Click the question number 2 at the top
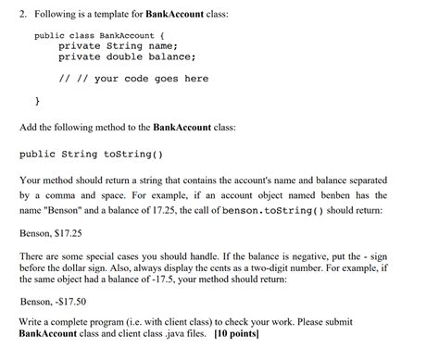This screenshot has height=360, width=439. click(x=23, y=12)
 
